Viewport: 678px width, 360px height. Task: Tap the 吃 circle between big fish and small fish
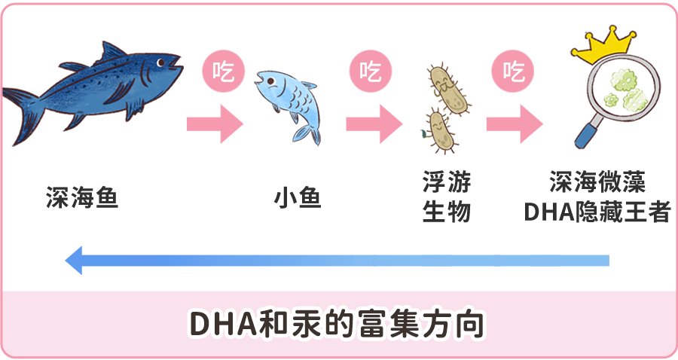click(x=223, y=72)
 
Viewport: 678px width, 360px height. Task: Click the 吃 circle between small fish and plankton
click(x=369, y=72)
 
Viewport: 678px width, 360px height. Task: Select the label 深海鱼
click(x=81, y=199)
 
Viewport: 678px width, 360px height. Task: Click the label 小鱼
click(x=297, y=199)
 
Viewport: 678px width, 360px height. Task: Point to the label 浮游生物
click(x=446, y=197)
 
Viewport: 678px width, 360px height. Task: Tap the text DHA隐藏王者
click(x=597, y=213)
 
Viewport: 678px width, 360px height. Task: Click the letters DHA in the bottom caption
click(x=215, y=323)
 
